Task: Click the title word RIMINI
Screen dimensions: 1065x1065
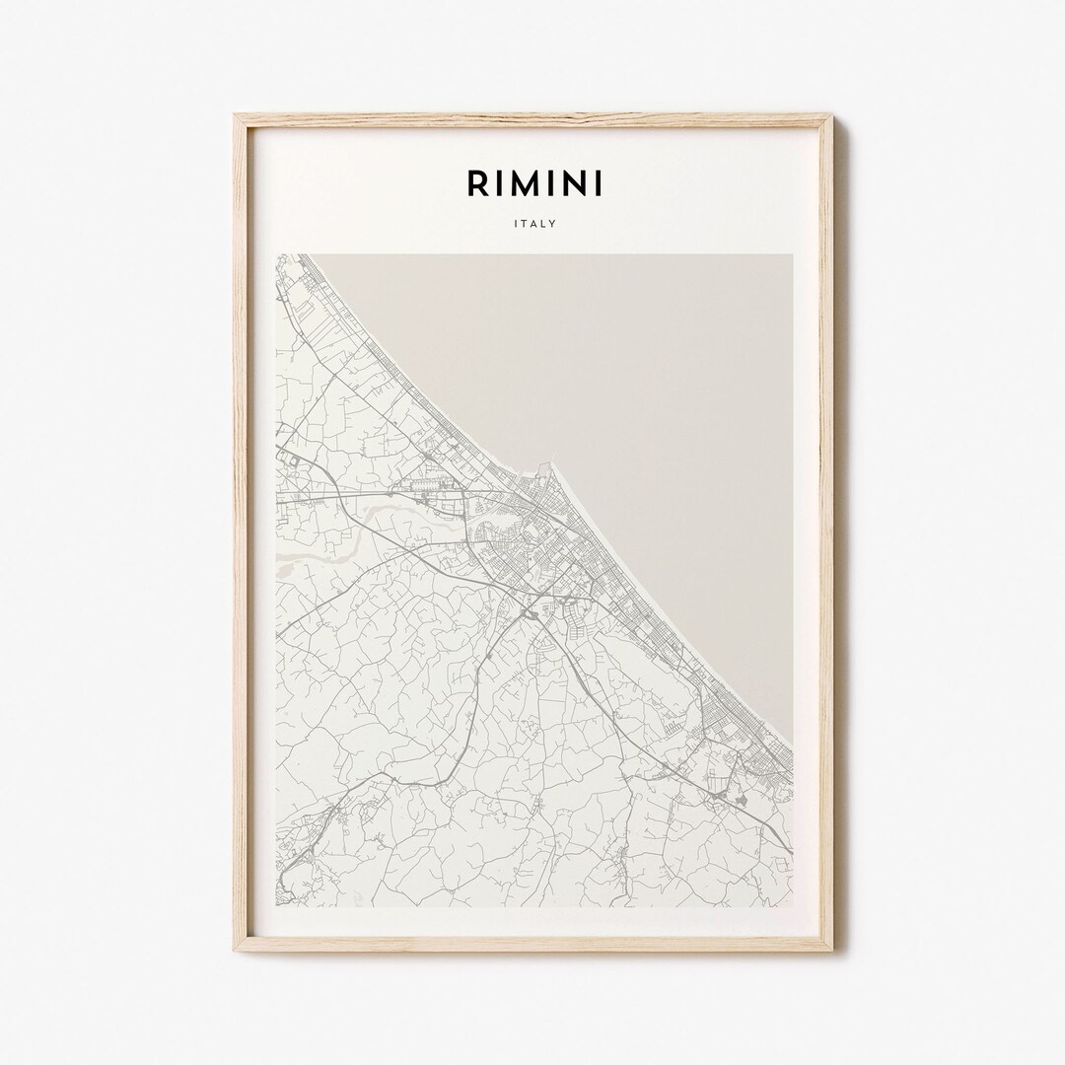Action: click(x=533, y=182)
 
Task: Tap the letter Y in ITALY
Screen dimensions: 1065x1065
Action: click(x=553, y=224)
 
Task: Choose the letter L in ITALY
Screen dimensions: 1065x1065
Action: click(x=543, y=224)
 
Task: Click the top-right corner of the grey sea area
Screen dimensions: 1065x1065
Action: click(x=791, y=255)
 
